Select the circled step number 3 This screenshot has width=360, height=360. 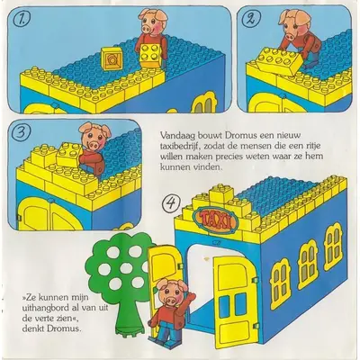click(x=20, y=133)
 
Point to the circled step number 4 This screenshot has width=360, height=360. click(x=171, y=204)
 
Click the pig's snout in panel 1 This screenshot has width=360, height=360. click(x=147, y=29)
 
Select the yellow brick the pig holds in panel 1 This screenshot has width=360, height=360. click(x=151, y=56)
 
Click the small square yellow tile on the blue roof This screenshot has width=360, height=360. click(x=112, y=58)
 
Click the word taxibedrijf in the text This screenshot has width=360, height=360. click(x=177, y=146)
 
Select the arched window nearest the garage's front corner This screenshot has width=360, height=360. click(x=281, y=283)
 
